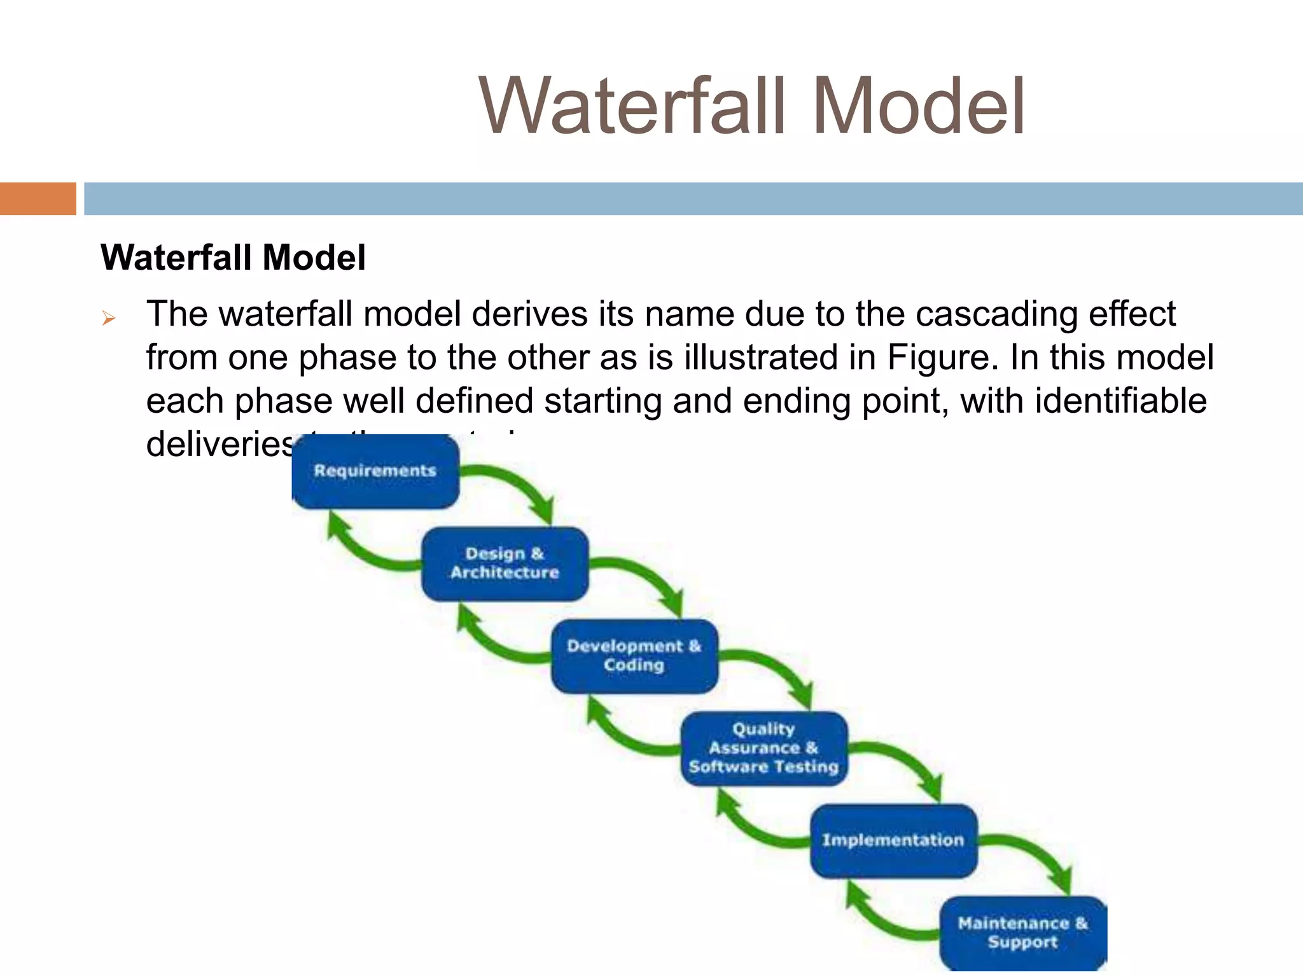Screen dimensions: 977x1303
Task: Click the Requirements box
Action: coord(375,471)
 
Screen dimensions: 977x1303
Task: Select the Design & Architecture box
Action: coord(505,564)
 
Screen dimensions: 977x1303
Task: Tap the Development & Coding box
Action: coord(634,656)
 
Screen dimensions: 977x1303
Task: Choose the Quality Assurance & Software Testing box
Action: coord(763,748)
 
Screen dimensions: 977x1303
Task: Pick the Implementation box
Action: coord(893,840)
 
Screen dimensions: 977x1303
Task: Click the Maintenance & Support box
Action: coord(1023,932)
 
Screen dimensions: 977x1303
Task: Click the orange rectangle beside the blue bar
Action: coord(38,198)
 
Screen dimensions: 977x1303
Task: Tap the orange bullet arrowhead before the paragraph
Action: coord(109,318)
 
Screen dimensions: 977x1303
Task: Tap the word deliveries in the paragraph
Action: coord(220,443)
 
